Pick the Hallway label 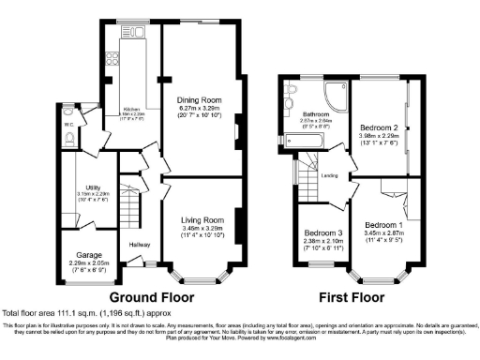[x=140, y=245]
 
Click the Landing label [x=331, y=173]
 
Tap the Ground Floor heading [x=143, y=295]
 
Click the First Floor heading [x=351, y=295]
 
